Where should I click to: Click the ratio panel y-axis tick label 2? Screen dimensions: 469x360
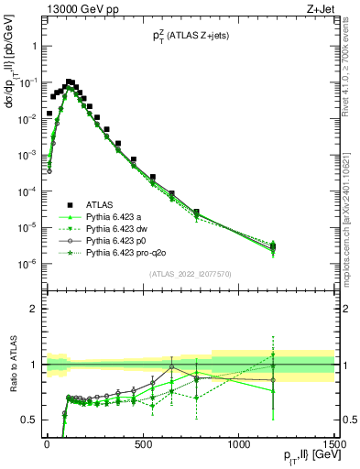point(32,309)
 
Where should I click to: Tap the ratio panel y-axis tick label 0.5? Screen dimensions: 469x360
point(28,420)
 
